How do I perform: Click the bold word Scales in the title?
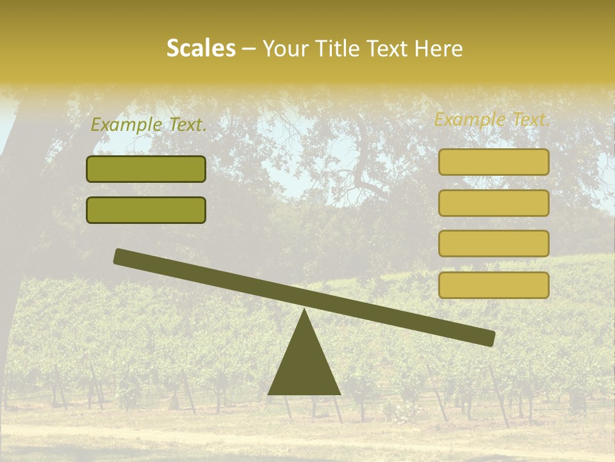tap(201, 49)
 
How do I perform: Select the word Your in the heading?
tap(284, 49)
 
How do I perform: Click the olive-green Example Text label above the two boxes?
tap(149, 125)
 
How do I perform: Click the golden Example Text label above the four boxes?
tap(492, 119)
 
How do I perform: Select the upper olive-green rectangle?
tap(146, 169)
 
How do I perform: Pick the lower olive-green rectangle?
tap(146, 210)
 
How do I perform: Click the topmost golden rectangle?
tap(494, 162)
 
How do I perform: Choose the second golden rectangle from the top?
tap(494, 203)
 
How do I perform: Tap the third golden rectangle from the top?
tap(494, 243)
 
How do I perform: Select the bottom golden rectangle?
tap(494, 285)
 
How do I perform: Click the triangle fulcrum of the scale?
tap(304, 363)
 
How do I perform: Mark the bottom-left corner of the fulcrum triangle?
tap(268, 394)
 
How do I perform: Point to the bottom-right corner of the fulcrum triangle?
tap(340, 394)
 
